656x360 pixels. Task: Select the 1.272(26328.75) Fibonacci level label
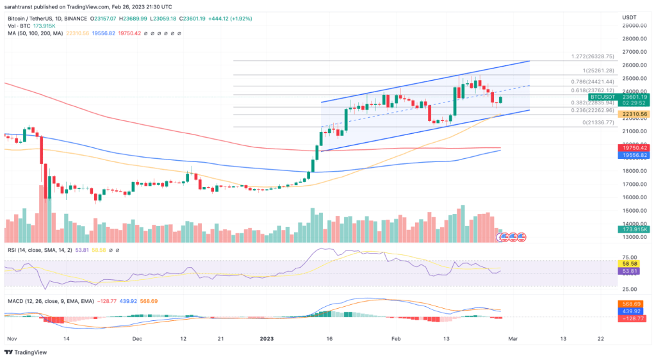point(593,56)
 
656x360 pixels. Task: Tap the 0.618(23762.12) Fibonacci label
point(593,91)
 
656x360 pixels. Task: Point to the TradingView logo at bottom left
point(29,352)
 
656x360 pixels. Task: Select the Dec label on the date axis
point(136,337)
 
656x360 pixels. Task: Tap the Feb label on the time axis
point(396,337)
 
